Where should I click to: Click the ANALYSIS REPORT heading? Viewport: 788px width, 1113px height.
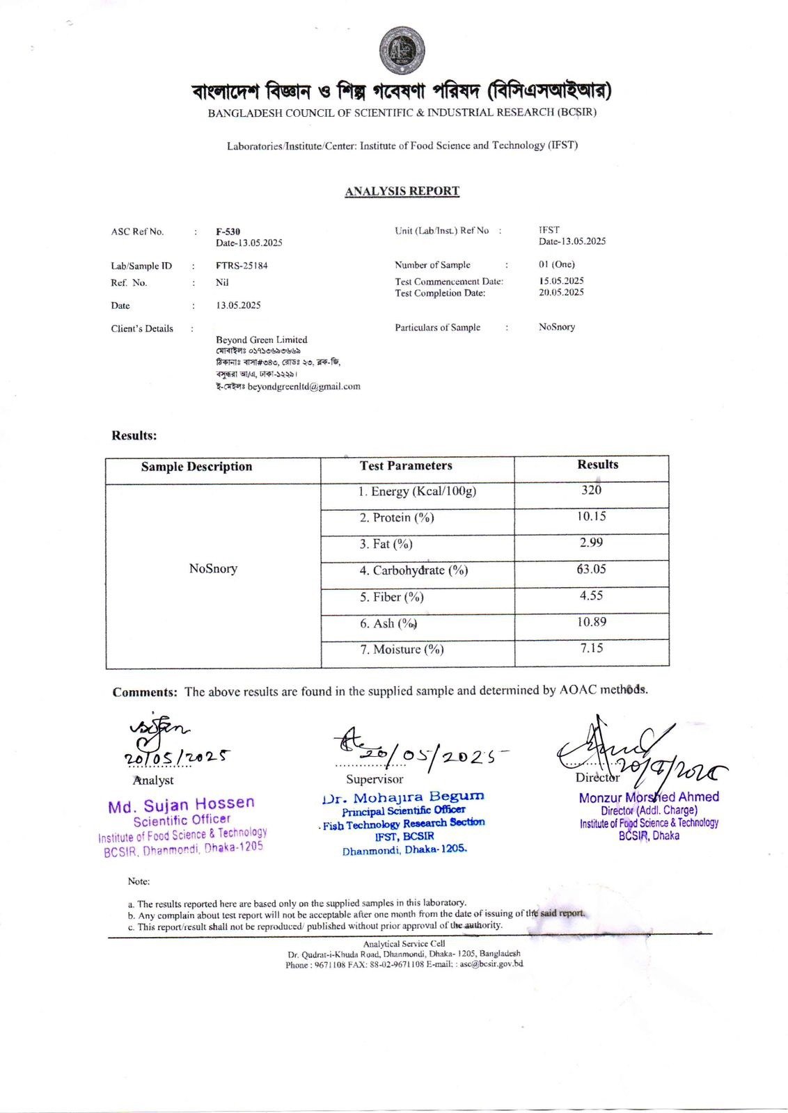(402, 191)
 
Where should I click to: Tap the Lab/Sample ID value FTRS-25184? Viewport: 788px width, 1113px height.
(242, 266)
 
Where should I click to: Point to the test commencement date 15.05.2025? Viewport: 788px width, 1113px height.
(561, 281)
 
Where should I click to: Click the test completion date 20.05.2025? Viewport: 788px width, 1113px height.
(561, 293)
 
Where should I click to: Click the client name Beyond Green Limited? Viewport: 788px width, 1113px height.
(261, 339)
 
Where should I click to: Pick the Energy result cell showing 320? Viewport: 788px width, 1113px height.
(591, 490)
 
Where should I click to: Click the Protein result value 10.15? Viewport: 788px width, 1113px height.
(591, 516)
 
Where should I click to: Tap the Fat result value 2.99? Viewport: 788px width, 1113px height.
(591, 543)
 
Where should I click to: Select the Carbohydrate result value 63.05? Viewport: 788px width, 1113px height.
(591, 569)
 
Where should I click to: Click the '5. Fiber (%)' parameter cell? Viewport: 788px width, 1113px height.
(391, 597)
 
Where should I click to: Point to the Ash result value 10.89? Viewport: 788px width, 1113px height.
(591, 622)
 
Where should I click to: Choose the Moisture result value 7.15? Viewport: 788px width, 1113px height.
(591, 648)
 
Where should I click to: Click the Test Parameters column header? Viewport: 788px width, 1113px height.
(406, 466)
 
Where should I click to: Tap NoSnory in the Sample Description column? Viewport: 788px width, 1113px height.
(213, 569)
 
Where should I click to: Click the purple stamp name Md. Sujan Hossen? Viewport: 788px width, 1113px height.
(181, 805)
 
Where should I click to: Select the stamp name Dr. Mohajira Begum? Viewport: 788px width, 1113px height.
(404, 796)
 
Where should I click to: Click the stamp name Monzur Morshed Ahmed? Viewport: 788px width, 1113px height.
(649, 797)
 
